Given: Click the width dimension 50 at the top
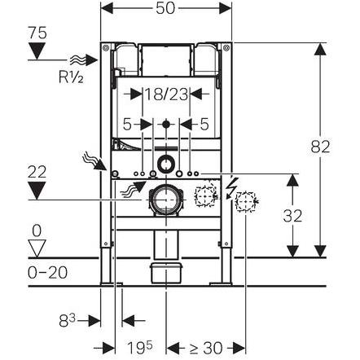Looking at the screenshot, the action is tap(165, 8).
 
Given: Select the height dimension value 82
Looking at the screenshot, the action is tap(320, 147).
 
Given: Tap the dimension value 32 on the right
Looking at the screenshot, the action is tap(292, 217).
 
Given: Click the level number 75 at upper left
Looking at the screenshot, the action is tap(37, 33).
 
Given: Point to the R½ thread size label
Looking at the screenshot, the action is tap(71, 77).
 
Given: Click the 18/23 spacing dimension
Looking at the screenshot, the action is tap(166, 94).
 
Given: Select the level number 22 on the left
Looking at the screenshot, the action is tap(37, 172).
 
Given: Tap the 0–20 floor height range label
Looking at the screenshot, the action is tap(47, 272).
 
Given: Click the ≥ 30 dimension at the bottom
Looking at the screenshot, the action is tap(205, 349).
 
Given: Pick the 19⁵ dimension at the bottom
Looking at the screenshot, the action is tap(140, 347).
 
